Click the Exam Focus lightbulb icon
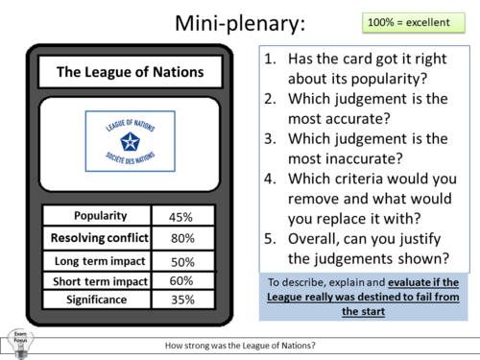click(x=18, y=341)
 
